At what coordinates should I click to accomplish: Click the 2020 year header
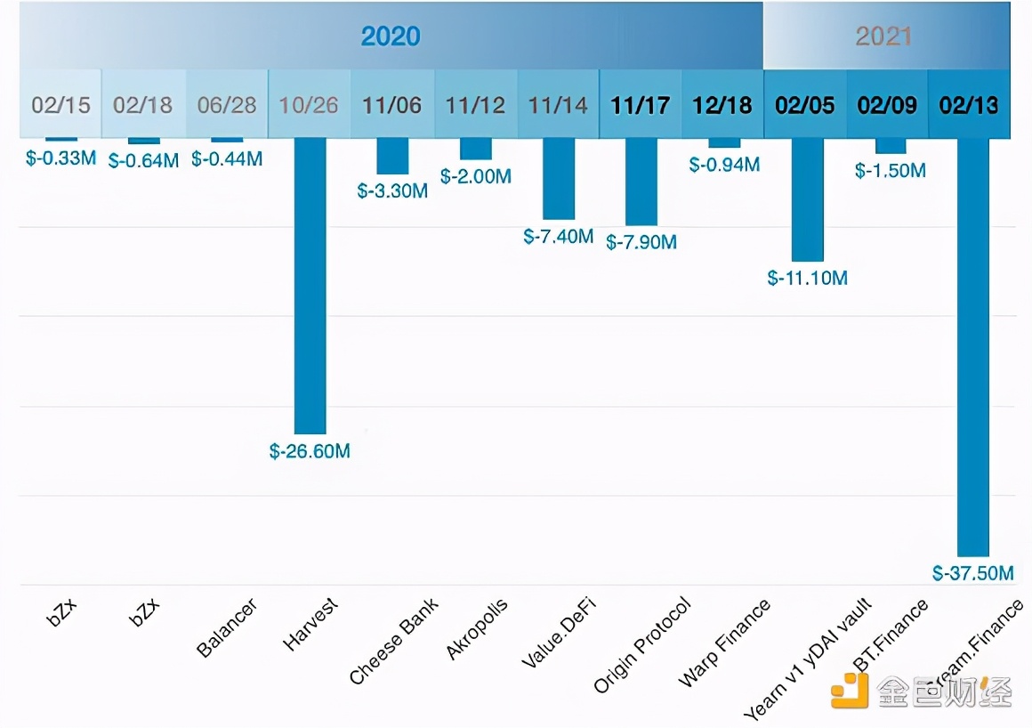tap(391, 36)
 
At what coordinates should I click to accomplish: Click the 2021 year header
tap(883, 36)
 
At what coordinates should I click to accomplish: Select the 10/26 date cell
tap(309, 105)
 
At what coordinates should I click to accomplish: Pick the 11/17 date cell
tap(641, 105)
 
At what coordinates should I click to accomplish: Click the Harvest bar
tap(310, 285)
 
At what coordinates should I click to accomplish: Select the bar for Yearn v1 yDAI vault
tap(807, 199)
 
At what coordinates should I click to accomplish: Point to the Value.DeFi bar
tap(559, 178)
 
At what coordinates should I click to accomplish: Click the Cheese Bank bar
tap(392, 156)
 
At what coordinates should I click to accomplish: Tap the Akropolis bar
tap(476, 149)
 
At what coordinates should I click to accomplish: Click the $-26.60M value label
tap(310, 451)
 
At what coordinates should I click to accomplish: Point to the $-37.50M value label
tap(972, 574)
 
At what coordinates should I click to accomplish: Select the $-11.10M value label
tap(807, 278)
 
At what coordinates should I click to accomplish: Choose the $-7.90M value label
tap(641, 241)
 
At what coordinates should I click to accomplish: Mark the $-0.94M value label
tap(724, 165)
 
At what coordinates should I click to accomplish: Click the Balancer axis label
tap(227, 629)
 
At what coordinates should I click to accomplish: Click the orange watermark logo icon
tap(849, 692)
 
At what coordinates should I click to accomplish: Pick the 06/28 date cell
tap(227, 105)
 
